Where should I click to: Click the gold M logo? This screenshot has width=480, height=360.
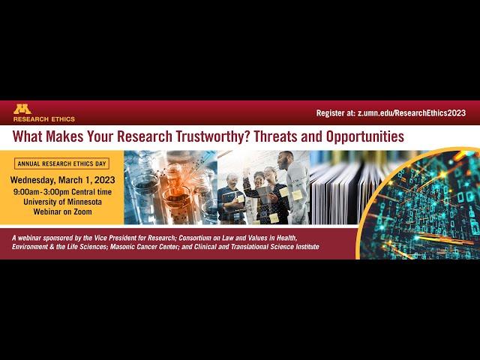coord(22,109)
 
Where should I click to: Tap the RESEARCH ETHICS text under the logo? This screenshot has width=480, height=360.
coord(44,119)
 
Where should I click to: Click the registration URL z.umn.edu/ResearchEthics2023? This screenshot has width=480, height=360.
coord(412,113)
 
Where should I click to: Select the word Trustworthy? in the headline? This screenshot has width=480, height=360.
coord(212,136)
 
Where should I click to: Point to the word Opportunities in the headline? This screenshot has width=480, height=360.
coord(365,136)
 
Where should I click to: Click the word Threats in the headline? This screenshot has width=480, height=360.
coord(275,136)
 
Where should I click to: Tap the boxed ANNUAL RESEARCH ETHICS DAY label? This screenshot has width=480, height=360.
coord(61,163)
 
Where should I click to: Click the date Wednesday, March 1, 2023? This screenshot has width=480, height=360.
coord(63,180)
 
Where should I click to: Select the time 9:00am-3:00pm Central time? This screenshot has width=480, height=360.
coord(62,192)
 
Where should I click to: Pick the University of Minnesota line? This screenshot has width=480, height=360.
coord(62,202)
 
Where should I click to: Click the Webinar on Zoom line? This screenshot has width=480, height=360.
coord(62,211)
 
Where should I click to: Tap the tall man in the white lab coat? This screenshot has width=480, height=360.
coord(293,187)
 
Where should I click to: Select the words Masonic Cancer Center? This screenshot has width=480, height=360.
coord(143,247)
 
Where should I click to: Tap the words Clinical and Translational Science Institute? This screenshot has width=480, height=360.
coord(256,247)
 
